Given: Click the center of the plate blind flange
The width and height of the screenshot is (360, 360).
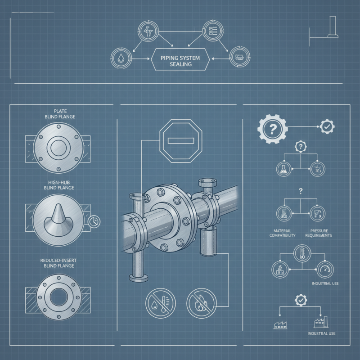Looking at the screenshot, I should pos(58,147).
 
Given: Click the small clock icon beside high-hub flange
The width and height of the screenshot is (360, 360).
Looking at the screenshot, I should pos(94,221).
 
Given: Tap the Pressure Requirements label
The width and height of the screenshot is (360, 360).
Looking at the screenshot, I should pos(318,232).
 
